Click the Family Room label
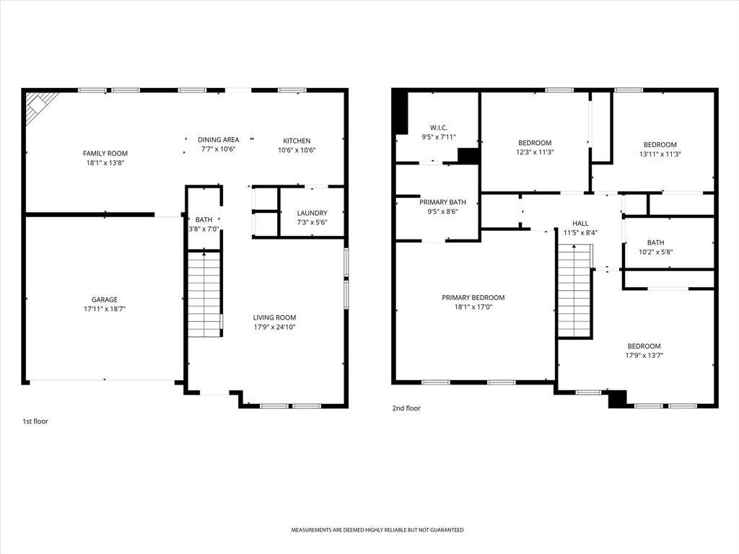(x=105, y=153)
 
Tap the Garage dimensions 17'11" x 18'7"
(x=105, y=309)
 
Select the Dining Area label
(x=218, y=139)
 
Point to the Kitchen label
(x=297, y=141)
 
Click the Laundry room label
(x=312, y=213)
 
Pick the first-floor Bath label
(x=204, y=219)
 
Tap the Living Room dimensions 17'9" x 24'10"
(x=274, y=327)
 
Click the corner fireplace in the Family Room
(x=41, y=107)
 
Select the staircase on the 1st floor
(x=204, y=294)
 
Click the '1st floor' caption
(x=35, y=421)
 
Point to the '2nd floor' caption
(x=406, y=408)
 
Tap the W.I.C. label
(x=439, y=128)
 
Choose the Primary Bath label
(x=442, y=202)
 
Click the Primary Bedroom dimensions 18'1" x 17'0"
(x=473, y=307)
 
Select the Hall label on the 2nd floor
(x=580, y=224)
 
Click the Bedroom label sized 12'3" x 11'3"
(x=535, y=143)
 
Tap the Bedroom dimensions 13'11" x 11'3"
(x=660, y=154)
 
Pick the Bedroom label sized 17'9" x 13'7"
(x=644, y=346)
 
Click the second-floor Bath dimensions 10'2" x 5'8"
(x=655, y=252)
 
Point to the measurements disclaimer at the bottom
(x=377, y=530)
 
